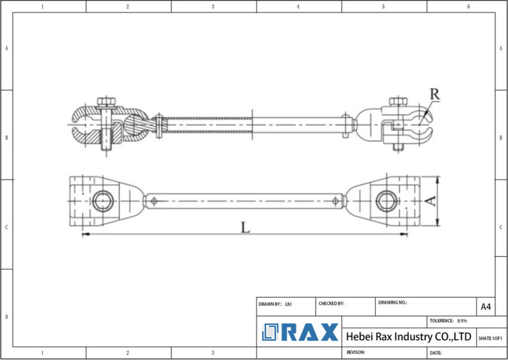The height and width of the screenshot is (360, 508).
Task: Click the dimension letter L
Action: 245,228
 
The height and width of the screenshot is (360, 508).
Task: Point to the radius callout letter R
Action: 434,94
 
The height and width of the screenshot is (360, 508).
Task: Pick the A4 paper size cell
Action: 486,306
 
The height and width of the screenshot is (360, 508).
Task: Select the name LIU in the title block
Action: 288,304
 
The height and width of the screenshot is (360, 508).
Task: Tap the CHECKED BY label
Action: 331,304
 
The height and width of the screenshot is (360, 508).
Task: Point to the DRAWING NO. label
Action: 393,302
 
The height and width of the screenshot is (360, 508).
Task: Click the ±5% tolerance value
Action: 461,321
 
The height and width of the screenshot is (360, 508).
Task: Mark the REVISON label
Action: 356,352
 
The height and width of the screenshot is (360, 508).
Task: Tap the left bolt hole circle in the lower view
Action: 103,201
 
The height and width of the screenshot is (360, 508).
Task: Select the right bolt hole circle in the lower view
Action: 386,201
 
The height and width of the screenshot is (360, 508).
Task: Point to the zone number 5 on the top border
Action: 384,7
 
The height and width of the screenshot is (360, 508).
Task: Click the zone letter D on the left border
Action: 7,317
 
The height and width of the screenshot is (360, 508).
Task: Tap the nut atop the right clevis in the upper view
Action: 397,101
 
